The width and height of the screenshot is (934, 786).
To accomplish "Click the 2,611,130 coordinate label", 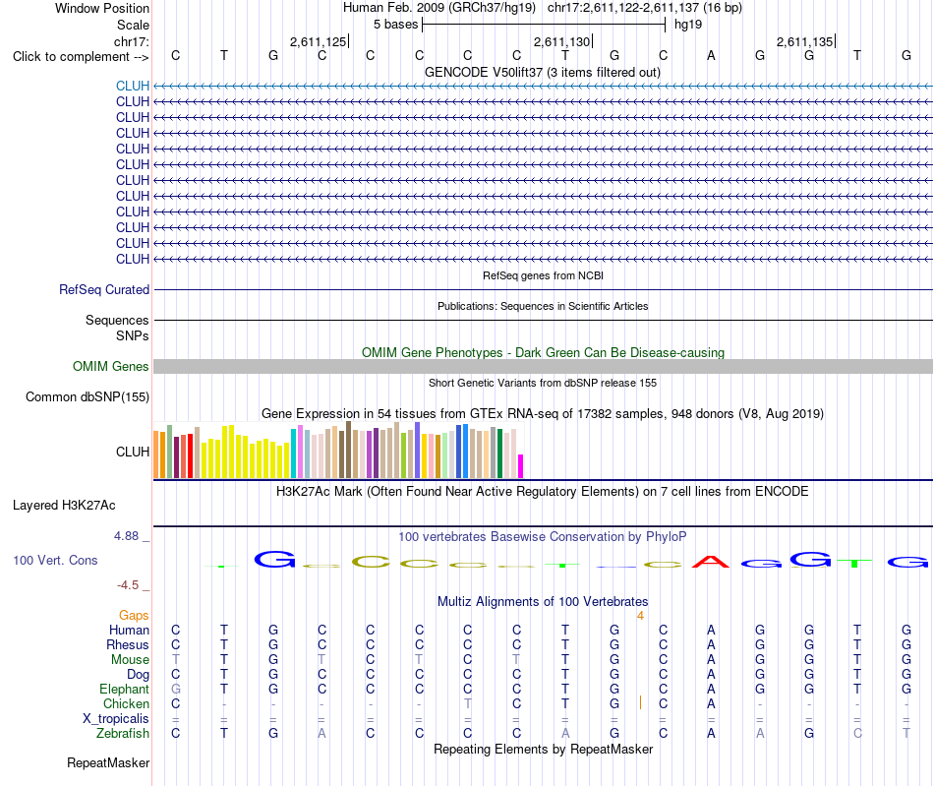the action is (561, 41).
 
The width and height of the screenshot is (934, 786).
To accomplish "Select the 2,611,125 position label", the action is (318, 41).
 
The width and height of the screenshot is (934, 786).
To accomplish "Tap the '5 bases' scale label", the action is (395, 25).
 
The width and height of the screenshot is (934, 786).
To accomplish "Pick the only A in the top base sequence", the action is (711, 55).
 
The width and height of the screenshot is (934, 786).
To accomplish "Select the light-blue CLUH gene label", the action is (133, 86).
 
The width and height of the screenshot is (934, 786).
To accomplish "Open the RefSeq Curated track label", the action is (104, 289).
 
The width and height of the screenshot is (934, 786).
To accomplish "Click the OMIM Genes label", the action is (111, 367).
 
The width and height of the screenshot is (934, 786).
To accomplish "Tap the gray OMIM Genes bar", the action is (543, 367).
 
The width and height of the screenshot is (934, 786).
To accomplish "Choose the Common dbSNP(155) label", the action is (88, 396).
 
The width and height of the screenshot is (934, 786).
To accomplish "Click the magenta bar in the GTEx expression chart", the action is (521, 466).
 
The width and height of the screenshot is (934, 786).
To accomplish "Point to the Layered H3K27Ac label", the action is (64, 506).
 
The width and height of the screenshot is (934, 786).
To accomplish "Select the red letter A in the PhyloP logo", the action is (711, 562).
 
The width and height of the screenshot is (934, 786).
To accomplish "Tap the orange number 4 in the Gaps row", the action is (640, 616).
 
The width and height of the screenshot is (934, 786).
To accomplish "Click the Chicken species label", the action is (126, 703).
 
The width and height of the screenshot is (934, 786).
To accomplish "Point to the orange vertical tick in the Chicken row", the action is (640, 702).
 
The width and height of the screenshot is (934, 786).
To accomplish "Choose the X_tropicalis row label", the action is (116, 719).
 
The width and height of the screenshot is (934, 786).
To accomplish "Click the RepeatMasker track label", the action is (108, 762).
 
